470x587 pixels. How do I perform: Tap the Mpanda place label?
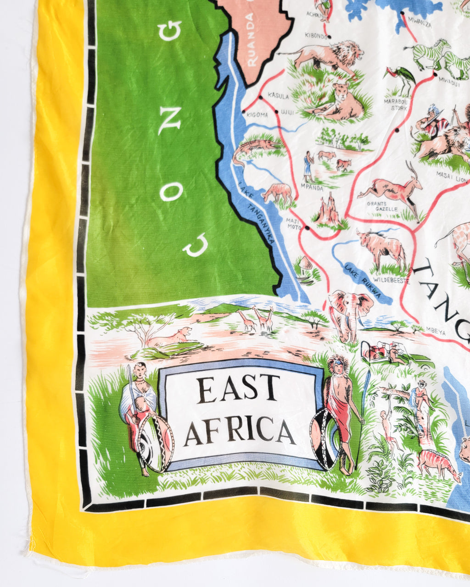click(x=312, y=187)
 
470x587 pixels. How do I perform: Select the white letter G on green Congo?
click(x=169, y=30)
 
